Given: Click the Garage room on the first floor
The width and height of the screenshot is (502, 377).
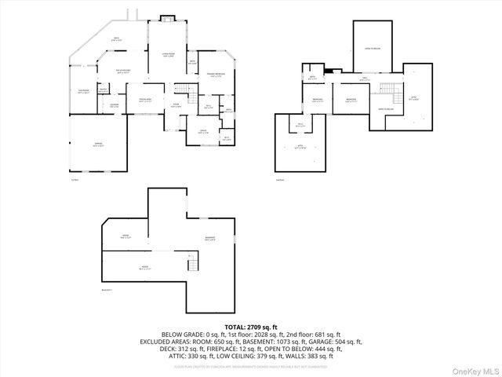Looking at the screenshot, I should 98,145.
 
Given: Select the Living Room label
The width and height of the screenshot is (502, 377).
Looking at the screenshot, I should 167,53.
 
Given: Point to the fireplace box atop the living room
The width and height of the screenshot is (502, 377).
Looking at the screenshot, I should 167,18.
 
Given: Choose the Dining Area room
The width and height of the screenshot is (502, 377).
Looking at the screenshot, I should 145,100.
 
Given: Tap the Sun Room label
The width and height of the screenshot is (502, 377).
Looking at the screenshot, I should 82,90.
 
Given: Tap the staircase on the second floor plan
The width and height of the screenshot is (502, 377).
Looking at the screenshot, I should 385,89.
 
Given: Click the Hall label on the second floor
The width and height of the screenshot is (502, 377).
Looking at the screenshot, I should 363,79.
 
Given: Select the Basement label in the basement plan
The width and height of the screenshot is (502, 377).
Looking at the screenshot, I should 210,238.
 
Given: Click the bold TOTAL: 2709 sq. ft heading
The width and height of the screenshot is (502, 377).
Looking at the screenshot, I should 251,326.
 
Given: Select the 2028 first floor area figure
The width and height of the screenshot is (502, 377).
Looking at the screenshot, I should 240,334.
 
